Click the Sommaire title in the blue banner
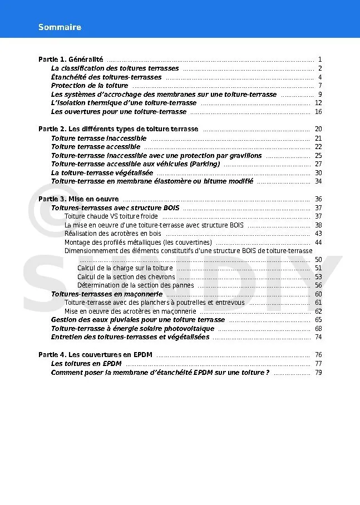[x=60, y=27]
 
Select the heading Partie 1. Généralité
[x=71, y=60]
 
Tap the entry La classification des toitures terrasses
[x=115, y=68]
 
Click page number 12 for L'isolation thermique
[x=318, y=103]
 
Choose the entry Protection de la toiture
[x=89, y=86]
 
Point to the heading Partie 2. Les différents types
[x=118, y=129]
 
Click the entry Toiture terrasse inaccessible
[x=98, y=138]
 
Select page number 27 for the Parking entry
[x=318, y=164]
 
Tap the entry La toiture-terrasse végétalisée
[x=102, y=173]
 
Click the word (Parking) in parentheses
[x=205, y=164]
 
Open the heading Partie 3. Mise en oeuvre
[x=78, y=199]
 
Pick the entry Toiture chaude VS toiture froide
[x=111, y=216]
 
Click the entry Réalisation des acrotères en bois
[x=113, y=234]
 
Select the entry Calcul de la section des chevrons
[x=126, y=277]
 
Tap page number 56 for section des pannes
[x=318, y=285]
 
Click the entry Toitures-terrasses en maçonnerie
[x=106, y=294]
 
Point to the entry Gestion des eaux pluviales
[x=137, y=320]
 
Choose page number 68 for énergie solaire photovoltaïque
[x=318, y=329]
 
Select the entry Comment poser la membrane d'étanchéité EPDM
[x=160, y=373]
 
